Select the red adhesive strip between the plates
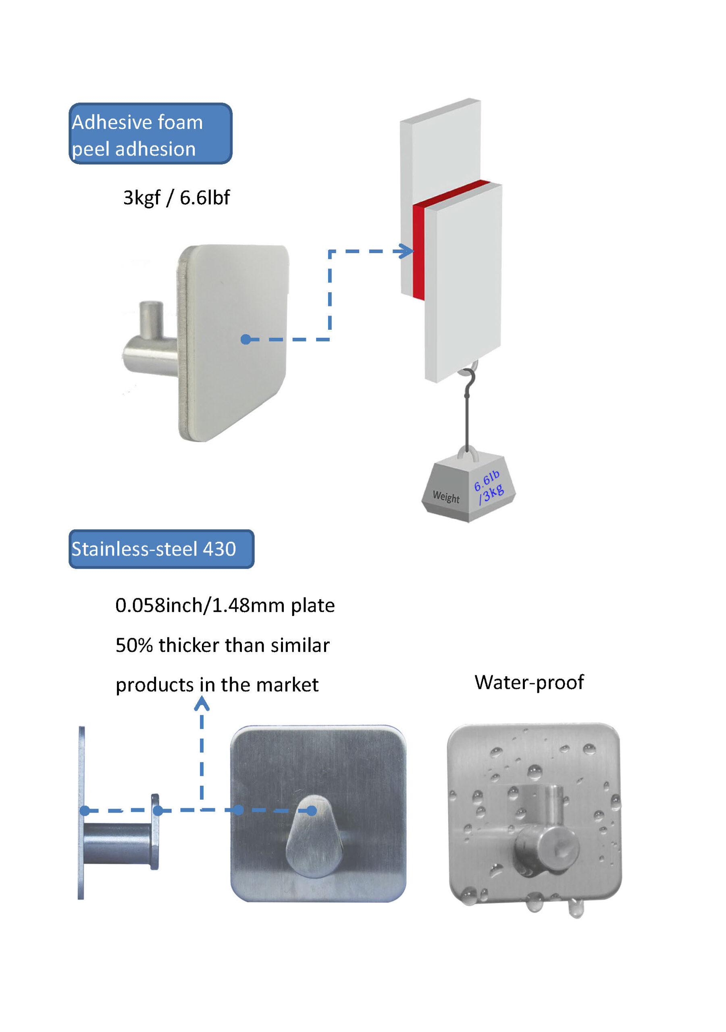click(x=418, y=252)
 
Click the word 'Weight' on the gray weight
click(x=446, y=497)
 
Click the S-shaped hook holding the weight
click(x=468, y=384)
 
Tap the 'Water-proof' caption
click(x=529, y=682)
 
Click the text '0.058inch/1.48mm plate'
click(x=225, y=605)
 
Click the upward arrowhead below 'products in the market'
click(x=202, y=704)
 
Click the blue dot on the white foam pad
click(x=245, y=339)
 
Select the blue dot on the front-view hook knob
click(x=312, y=810)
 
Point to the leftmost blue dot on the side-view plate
click(x=85, y=810)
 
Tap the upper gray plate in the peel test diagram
click(x=441, y=153)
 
